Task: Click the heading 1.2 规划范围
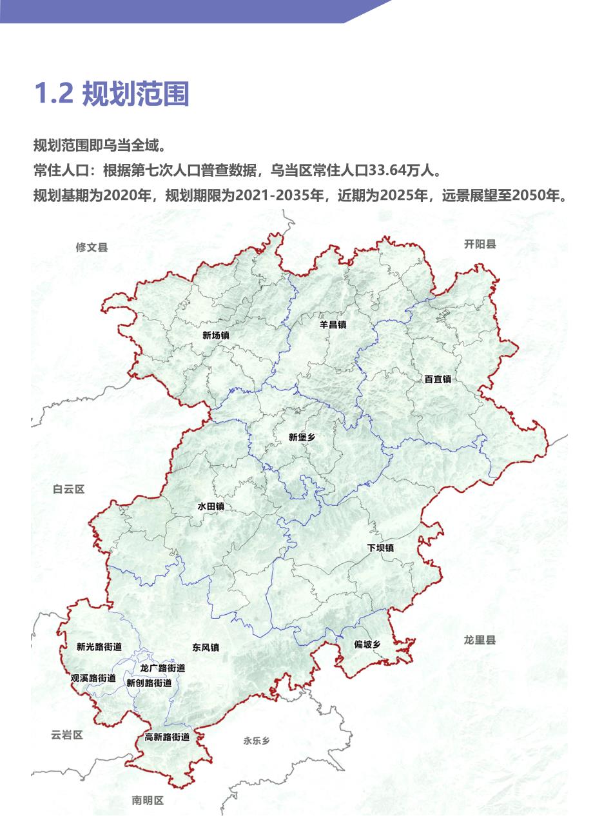click(x=111, y=94)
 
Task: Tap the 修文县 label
click(x=92, y=247)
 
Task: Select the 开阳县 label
click(x=480, y=244)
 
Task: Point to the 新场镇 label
click(x=216, y=335)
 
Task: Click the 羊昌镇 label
click(x=333, y=325)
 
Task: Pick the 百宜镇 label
click(x=438, y=379)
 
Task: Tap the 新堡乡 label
click(x=302, y=437)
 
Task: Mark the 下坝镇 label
click(x=381, y=548)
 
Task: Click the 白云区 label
click(x=68, y=490)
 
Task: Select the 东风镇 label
click(x=206, y=647)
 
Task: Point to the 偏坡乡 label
click(x=367, y=645)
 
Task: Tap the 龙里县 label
click(x=480, y=640)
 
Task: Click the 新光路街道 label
click(x=99, y=646)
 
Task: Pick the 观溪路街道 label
click(x=93, y=678)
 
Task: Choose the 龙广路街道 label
click(x=162, y=668)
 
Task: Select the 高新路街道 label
click(x=167, y=737)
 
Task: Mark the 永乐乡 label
click(x=257, y=741)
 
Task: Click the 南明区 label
click(x=148, y=801)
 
